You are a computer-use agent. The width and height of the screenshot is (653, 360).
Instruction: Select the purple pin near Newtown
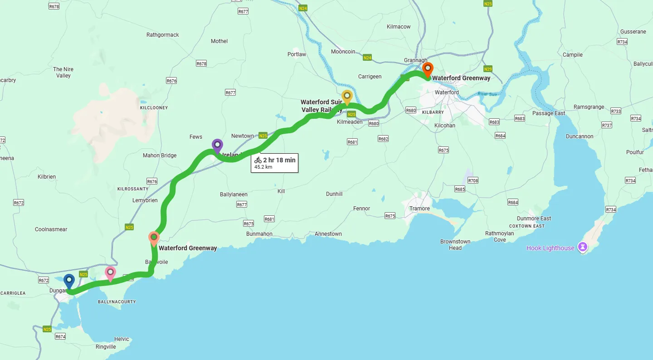coord(217,146)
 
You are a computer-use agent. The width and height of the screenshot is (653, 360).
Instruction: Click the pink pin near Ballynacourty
coord(110,273)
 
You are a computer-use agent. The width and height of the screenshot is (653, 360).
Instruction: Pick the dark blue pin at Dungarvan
coord(69,281)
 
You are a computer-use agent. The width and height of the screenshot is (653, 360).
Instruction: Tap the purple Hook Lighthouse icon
coord(583,248)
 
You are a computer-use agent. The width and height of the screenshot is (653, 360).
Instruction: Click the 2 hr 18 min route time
coord(279,160)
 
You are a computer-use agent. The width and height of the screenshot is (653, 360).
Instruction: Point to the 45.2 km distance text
coord(263,167)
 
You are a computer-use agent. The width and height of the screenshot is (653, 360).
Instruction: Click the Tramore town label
coord(419,209)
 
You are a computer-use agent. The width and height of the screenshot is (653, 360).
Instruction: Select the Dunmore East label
coord(534,219)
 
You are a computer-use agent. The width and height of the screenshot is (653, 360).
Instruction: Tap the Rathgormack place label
coord(163,35)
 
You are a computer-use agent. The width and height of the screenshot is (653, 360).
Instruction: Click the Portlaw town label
coord(297,54)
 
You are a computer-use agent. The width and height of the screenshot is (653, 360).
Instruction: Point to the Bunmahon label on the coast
coord(259,234)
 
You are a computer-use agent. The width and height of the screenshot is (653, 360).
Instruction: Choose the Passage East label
coord(549,113)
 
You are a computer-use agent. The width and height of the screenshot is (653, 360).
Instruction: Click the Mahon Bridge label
coord(160,156)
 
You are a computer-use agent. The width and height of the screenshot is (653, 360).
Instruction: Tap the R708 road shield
coord(473,180)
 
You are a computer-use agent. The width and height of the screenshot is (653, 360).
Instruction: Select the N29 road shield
coord(487,69)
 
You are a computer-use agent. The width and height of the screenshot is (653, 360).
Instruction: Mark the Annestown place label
coord(328,234)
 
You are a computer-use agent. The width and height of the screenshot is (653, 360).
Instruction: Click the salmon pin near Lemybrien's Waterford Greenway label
coord(154,238)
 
